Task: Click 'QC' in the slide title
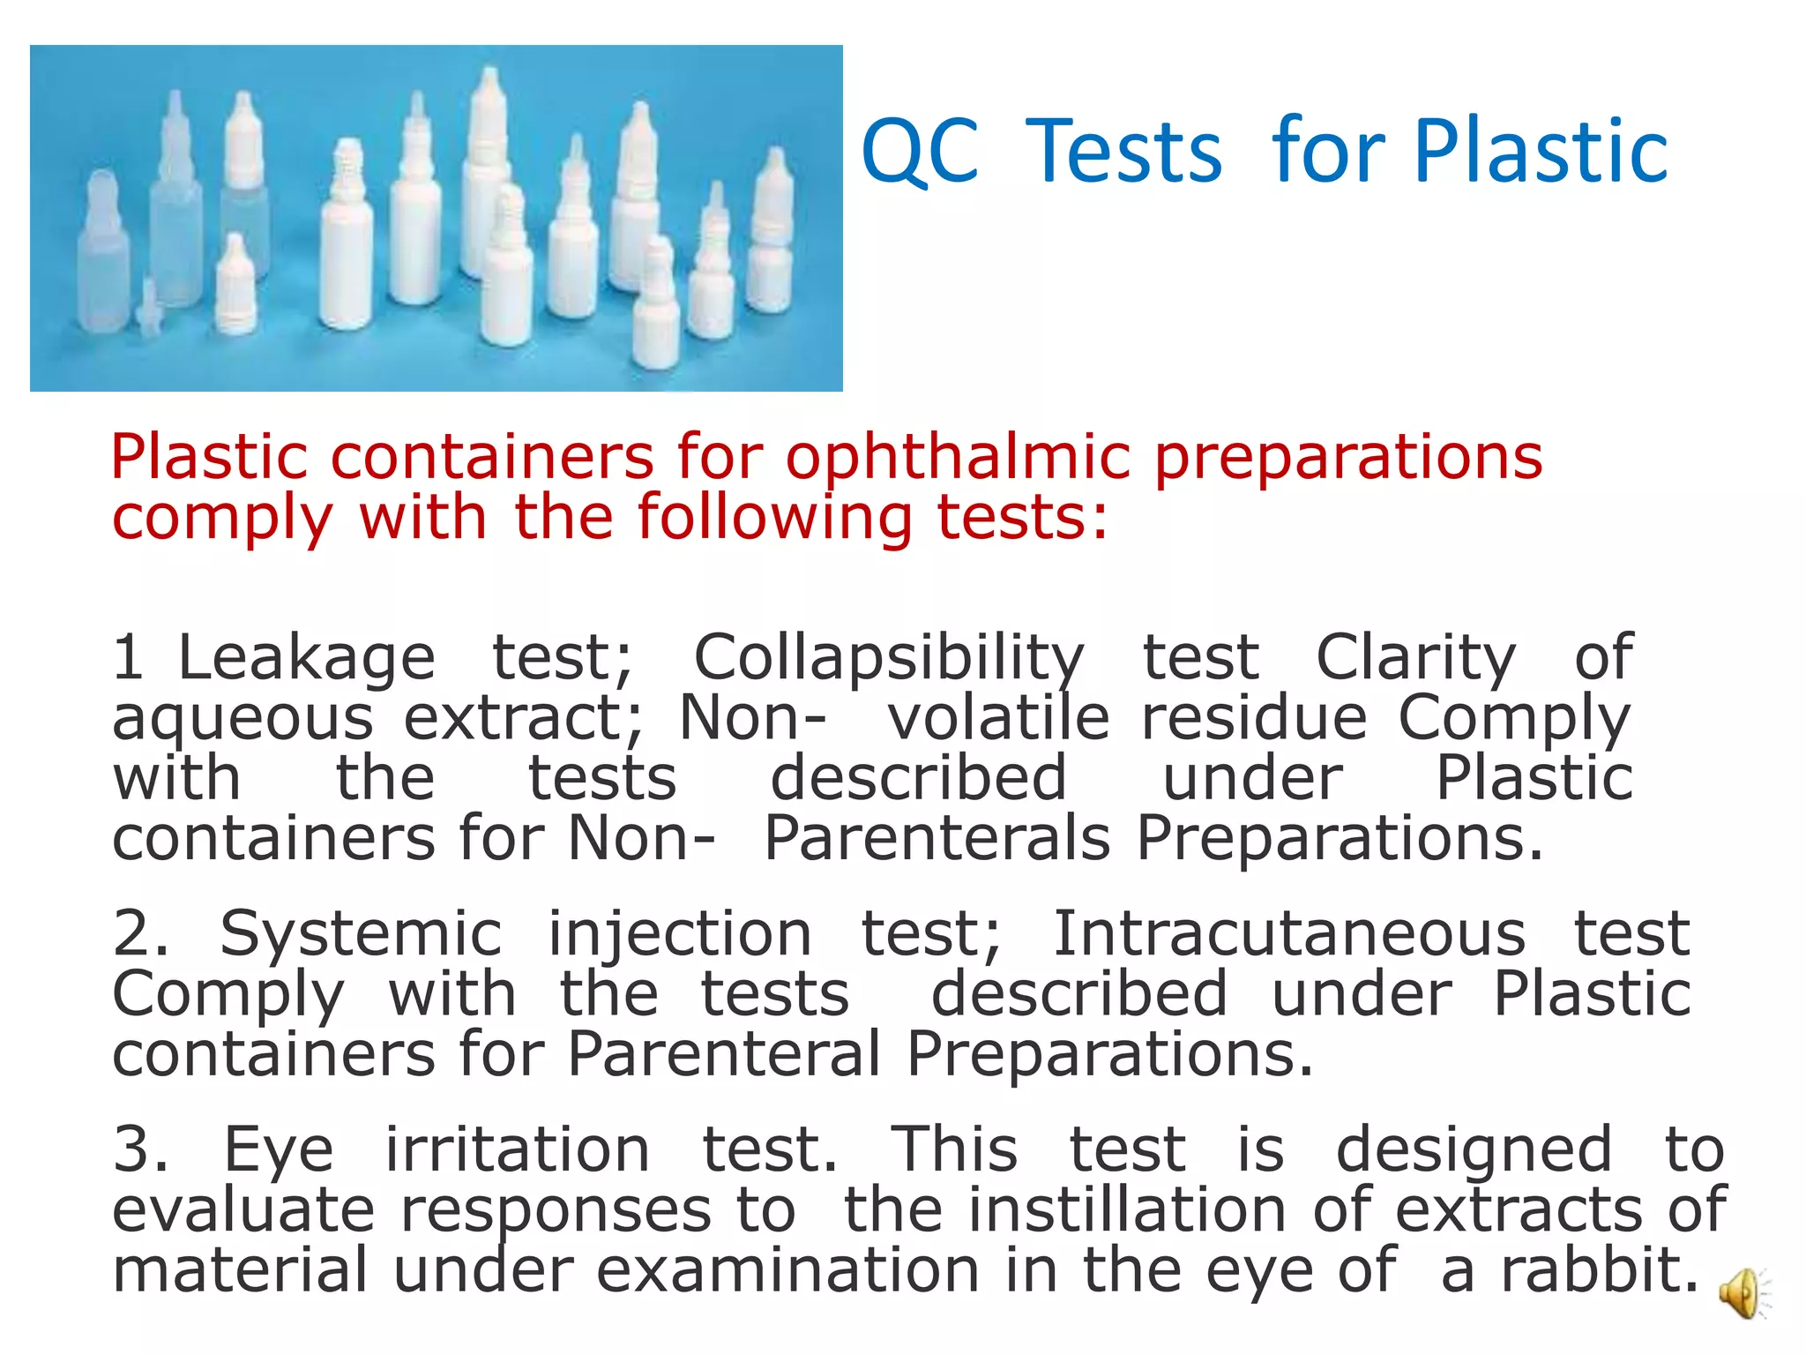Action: (920, 152)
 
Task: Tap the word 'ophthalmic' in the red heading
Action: (958, 459)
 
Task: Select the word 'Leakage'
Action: (306, 658)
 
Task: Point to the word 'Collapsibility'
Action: (889, 658)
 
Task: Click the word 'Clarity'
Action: (1415, 658)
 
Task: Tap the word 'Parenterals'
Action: (937, 838)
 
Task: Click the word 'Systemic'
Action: (361, 934)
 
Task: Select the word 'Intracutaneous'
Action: (1288, 934)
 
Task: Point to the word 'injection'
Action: (680, 934)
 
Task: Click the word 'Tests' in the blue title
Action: (1123, 152)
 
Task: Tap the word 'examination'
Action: (787, 1270)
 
